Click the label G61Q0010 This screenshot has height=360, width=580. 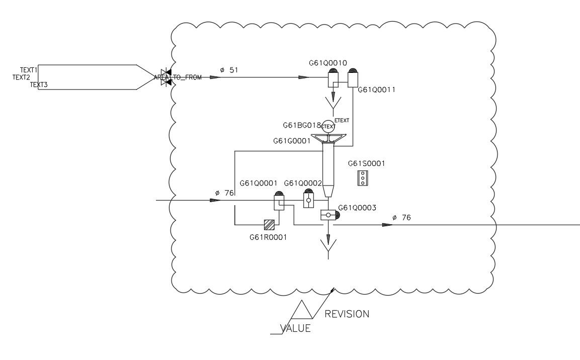(x=328, y=63)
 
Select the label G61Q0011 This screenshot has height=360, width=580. (x=376, y=89)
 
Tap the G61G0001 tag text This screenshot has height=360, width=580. (x=292, y=141)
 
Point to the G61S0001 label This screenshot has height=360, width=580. (x=366, y=163)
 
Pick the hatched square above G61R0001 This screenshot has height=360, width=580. (x=270, y=225)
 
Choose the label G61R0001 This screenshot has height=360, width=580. (x=268, y=237)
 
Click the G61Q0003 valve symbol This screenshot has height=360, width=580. (x=328, y=215)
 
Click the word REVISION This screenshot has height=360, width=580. (x=347, y=314)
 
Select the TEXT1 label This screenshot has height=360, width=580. (x=29, y=70)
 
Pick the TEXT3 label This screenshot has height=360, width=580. (x=39, y=85)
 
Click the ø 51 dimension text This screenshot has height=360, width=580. (x=229, y=70)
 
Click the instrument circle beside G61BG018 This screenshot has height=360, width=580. (x=328, y=127)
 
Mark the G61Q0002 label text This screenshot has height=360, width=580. (x=303, y=184)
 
